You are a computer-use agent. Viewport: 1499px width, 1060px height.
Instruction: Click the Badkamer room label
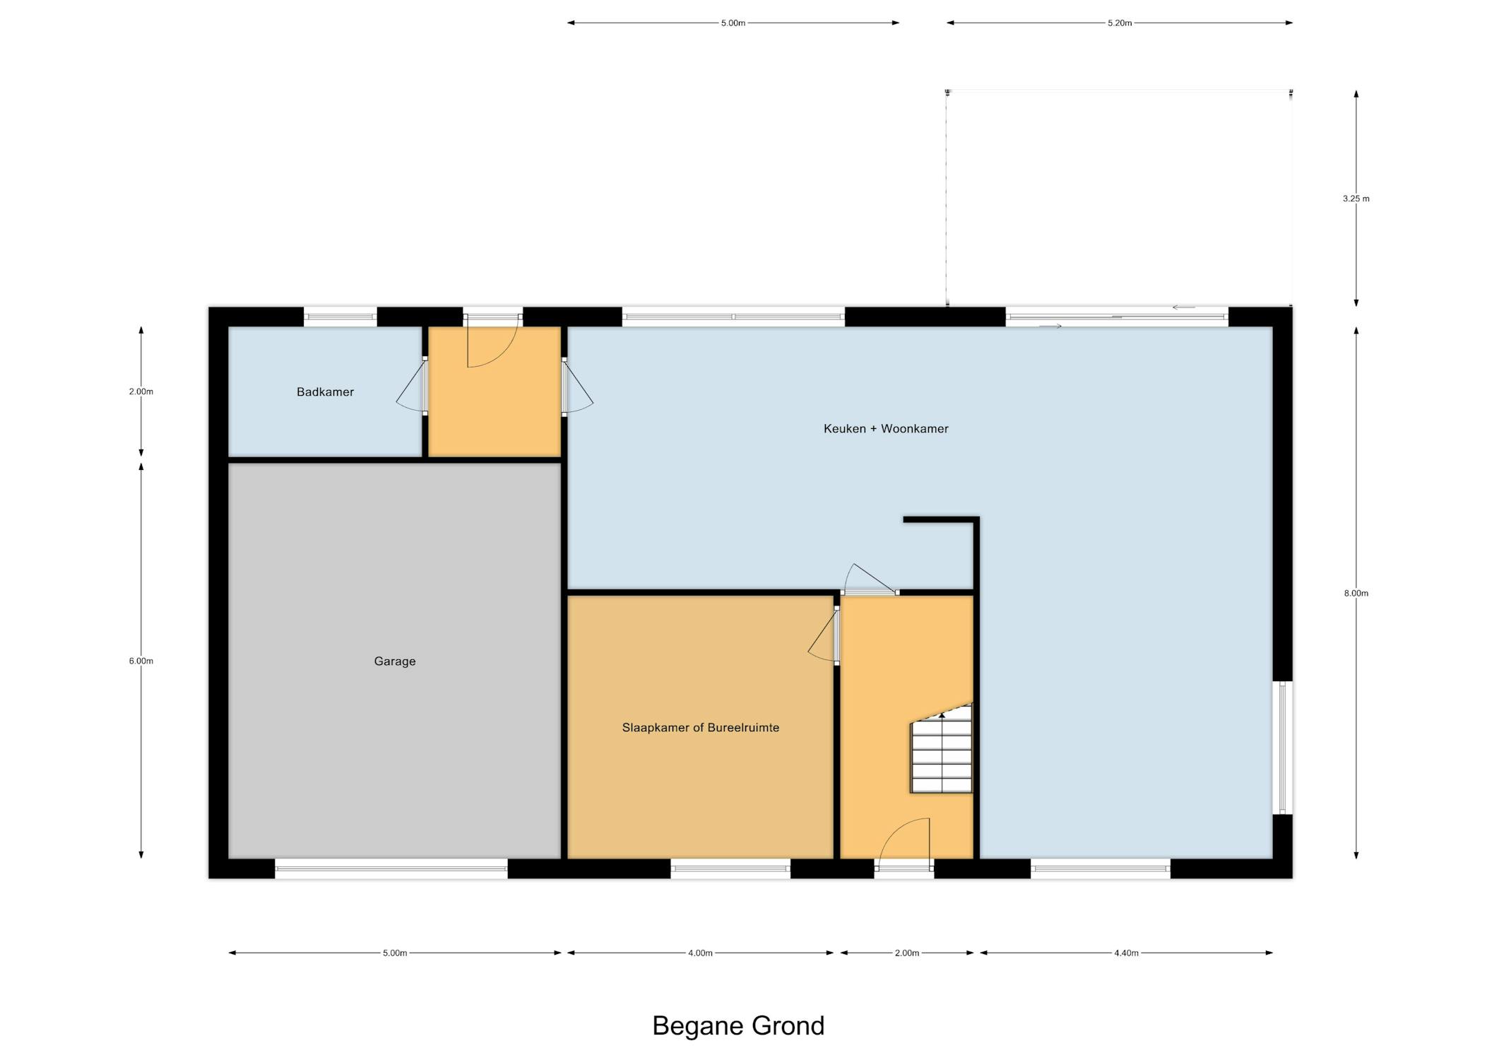click(x=325, y=392)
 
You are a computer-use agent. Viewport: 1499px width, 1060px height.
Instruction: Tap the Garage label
click(x=395, y=661)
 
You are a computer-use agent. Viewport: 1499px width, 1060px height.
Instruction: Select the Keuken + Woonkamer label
click(x=886, y=429)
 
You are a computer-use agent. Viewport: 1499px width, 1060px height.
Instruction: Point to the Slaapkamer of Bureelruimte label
click(x=701, y=728)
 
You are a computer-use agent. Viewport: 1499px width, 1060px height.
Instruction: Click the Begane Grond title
click(x=738, y=1026)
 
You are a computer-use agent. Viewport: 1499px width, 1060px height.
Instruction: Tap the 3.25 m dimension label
click(x=1356, y=199)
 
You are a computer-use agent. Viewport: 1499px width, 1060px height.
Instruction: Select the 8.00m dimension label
click(x=1356, y=594)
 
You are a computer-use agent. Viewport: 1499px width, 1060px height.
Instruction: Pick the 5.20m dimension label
click(x=1120, y=23)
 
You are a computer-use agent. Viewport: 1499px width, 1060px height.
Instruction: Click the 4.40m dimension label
click(x=1126, y=953)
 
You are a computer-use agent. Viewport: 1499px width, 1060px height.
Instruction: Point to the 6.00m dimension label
click(x=141, y=661)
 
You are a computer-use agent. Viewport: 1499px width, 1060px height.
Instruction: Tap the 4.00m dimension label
click(x=700, y=953)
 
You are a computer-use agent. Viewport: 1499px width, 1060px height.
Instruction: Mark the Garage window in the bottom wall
click(x=391, y=868)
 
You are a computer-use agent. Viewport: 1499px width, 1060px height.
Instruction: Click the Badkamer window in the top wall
click(x=340, y=317)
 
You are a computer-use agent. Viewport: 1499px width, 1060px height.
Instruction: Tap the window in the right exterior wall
click(x=1283, y=748)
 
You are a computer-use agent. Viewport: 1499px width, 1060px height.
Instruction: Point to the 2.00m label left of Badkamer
click(x=141, y=391)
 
